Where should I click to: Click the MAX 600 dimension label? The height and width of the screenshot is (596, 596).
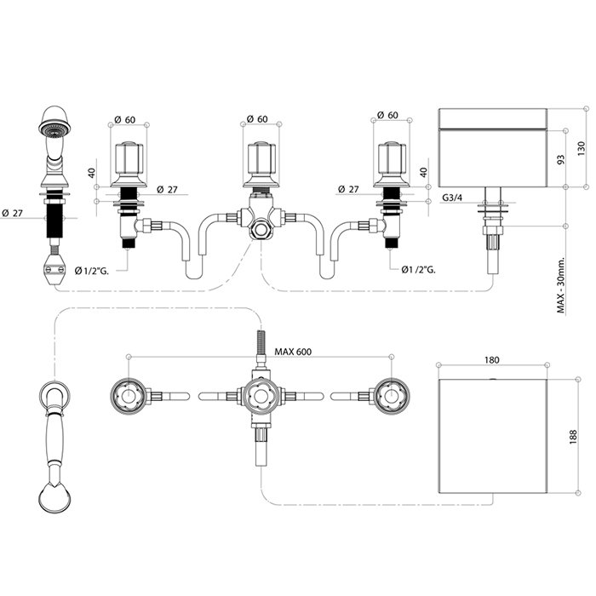[293, 352]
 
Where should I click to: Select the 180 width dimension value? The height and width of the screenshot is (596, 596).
[492, 359]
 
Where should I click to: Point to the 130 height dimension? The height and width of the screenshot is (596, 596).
[582, 149]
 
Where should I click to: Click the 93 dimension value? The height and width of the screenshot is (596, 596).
[560, 159]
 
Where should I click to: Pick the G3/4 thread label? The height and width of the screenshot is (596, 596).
[452, 198]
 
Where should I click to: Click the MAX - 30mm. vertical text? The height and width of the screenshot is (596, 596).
[561, 285]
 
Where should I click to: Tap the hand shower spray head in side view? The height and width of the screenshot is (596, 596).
[54, 121]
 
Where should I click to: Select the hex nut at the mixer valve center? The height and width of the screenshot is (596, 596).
[261, 230]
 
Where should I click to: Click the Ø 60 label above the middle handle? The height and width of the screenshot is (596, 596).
[257, 119]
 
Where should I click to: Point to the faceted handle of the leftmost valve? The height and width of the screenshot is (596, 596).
[129, 158]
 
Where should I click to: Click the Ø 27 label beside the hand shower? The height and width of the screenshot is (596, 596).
[12, 213]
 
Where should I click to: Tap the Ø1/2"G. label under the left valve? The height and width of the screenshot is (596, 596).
[92, 271]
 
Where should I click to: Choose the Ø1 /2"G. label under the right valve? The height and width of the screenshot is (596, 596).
[418, 270]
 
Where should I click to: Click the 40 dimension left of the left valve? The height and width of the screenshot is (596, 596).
[92, 174]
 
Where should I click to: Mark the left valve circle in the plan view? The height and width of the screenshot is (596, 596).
[128, 396]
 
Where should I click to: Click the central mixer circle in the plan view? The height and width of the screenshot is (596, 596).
[261, 396]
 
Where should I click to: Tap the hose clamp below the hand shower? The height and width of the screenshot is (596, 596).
[54, 269]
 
